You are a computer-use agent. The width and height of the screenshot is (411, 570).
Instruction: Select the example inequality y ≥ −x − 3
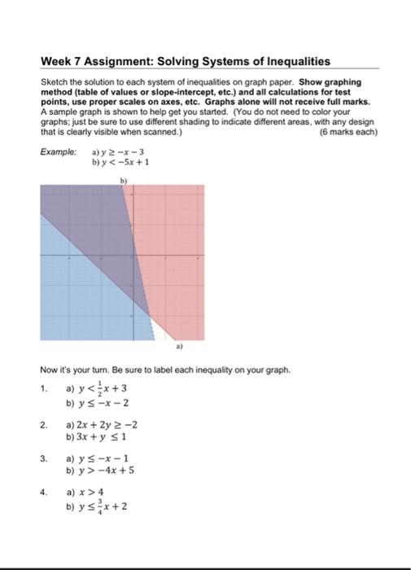pos(121,152)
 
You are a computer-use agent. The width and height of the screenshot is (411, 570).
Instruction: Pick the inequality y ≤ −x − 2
pos(105,402)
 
